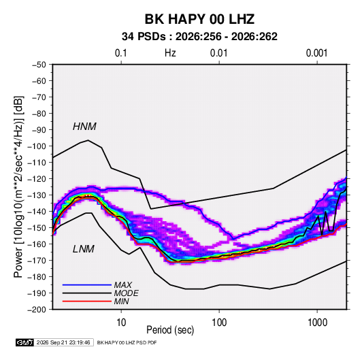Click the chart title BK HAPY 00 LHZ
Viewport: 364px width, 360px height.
[199, 19]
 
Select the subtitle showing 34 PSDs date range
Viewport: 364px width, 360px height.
[199, 37]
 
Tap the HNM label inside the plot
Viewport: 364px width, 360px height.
[84, 127]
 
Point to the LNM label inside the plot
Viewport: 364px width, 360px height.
[84, 249]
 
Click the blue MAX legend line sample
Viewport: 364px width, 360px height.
[87, 284]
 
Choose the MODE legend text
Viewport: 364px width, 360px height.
[127, 293]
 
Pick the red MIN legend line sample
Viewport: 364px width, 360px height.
[87, 301]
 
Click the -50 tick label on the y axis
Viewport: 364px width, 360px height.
[39, 65]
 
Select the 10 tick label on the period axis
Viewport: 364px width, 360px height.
[121, 323]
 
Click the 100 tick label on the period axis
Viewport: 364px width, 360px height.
[219, 323]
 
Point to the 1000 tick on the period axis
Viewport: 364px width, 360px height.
[317, 323]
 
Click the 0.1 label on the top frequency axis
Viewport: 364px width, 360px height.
[121, 53]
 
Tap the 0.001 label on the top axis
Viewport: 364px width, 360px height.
[317, 53]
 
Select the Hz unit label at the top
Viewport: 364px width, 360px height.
[170, 53]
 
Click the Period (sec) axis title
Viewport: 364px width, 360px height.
[170, 330]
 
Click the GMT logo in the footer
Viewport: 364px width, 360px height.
[24, 342]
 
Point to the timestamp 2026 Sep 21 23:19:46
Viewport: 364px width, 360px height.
[63, 342]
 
